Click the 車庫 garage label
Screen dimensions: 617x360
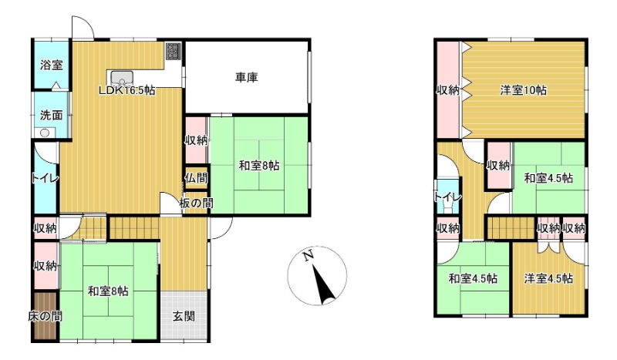tap(247, 78)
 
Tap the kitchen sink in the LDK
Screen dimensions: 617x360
tap(122, 78)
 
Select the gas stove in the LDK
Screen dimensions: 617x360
tap(173, 51)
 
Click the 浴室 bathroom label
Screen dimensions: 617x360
tap(52, 65)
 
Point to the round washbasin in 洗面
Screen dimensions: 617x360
tap(45, 133)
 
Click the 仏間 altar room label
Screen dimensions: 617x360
tap(196, 178)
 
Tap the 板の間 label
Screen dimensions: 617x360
tap(197, 204)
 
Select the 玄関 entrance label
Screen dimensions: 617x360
tap(184, 316)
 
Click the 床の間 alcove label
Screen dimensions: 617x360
tap(45, 316)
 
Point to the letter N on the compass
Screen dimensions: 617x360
tap(308, 255)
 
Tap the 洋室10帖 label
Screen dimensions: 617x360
tap(524, 90)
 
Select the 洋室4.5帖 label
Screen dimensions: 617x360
tap(548, 278)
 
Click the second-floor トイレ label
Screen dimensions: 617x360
tap(448, 197)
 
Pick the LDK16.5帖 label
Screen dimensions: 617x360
tap(126, 90)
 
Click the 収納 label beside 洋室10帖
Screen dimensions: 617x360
tap(448, 90)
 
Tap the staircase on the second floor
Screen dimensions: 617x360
tap(511, 227)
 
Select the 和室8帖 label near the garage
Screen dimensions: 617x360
tap(259, 166)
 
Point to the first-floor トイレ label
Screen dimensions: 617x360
tap(45, 178)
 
